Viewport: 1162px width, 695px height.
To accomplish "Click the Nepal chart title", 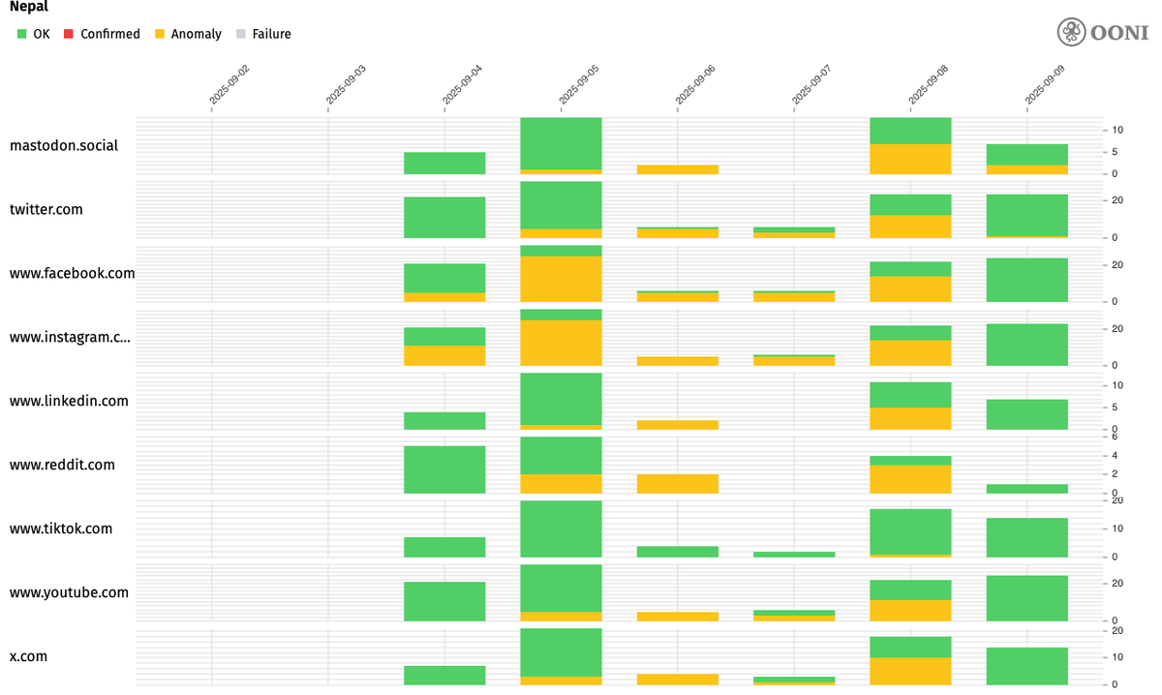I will point(29,7).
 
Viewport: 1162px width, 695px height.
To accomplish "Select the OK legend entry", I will point(35,34).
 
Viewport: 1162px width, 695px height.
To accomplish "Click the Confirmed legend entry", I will point(102,34).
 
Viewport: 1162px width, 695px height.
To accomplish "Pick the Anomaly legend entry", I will point(188,34).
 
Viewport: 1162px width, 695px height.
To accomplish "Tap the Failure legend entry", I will point(263,34).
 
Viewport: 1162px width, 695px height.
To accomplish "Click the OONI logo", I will point(1102,32).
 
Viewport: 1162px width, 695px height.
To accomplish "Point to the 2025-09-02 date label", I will point(230,84).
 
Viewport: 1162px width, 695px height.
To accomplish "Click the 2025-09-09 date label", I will point(1046,84).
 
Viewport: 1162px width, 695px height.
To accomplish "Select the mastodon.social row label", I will point(64,146).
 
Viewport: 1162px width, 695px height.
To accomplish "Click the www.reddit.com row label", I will point(62,465).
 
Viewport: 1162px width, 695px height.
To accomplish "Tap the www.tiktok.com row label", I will point(61,529).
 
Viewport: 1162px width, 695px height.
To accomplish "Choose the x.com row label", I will point(29,656).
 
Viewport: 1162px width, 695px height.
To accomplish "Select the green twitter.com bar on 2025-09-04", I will point(444,217).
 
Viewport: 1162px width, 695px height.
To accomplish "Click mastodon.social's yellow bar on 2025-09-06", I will point(678,169).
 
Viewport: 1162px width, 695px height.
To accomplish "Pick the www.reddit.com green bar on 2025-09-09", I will point(1026,489).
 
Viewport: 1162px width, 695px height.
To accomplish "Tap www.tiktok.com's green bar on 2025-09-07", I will point(794,555).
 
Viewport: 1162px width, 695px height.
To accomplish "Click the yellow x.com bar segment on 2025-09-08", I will point(910,671).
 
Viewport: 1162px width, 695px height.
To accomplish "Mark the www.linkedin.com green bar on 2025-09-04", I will point(444,421).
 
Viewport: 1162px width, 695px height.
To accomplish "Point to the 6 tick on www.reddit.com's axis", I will point(1116,438).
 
